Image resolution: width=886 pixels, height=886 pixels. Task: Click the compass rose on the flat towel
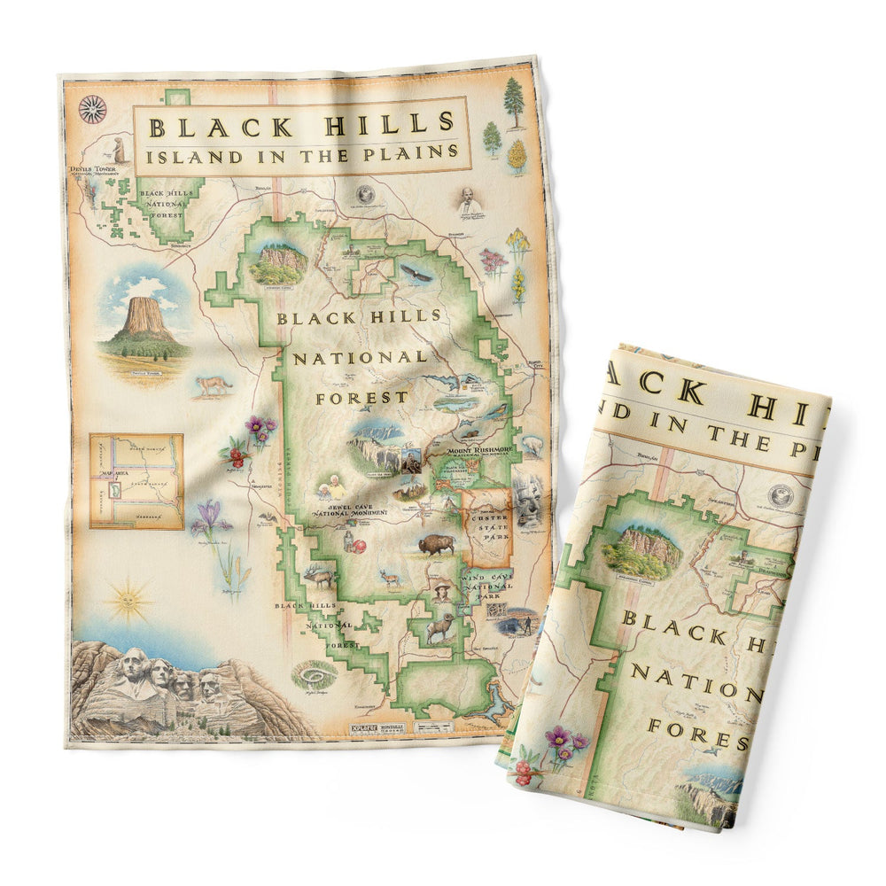(92, 109)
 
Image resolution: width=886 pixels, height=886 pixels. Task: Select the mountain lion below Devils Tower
(213, 385)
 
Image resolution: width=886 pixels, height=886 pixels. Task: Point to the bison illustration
(436, 544)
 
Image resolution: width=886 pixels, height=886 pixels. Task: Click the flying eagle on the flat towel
(416, 273)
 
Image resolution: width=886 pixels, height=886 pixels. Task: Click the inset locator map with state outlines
(136, 480)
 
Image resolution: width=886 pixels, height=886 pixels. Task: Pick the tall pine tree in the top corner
(514, 102)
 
